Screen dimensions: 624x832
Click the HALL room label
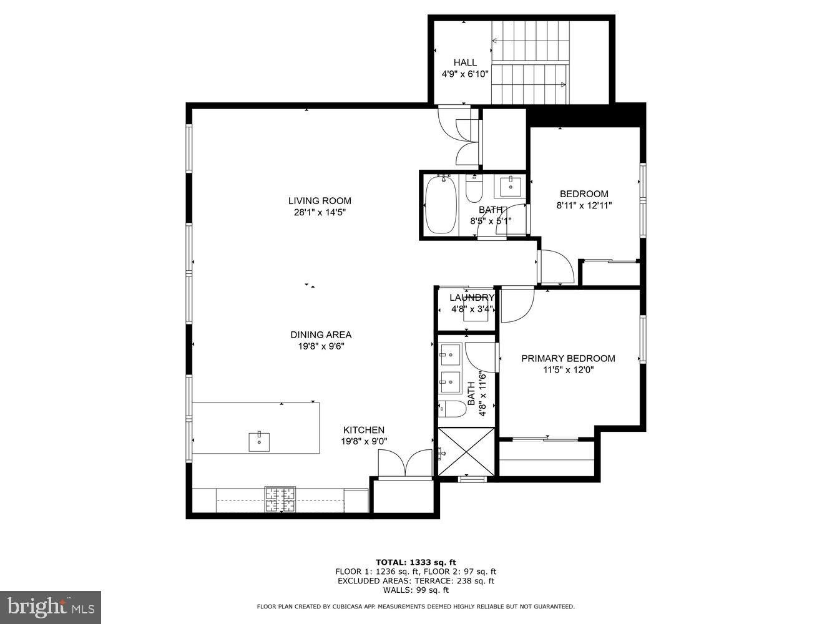(x=465, y=62)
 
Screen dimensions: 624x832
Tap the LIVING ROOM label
(x=320, y=201)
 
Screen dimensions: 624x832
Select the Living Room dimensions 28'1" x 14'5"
(x=320, y=212)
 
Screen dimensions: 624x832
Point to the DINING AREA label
(x=321, y=335)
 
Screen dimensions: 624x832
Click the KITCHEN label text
(x=364, y=430)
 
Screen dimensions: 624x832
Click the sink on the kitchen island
(x=259, y=441)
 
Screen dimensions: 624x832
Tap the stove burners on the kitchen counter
(x=280, y=499)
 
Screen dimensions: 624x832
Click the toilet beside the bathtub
(x=474, y=188)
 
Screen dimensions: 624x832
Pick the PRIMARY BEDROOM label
(x=568, y=358)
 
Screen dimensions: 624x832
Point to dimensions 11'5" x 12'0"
(x=568, y=369)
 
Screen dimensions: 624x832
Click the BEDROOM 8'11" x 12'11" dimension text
(x=584, y=205)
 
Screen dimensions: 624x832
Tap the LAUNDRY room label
(x=472, y=298)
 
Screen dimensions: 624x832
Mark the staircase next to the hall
(x=531, y=62)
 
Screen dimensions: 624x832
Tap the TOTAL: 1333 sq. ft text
(x=416, y=562)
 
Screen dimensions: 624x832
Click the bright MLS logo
(x=51, y=607)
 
